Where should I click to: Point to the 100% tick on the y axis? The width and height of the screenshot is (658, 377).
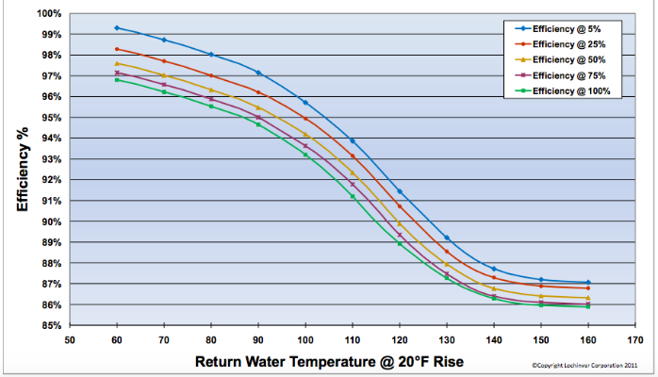tap(51, 14)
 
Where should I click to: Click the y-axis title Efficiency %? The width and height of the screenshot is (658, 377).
tap(23, 170)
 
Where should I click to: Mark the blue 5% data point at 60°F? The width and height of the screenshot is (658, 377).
tap(117, 27)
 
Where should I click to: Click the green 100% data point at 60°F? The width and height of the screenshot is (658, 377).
tap(117, 79)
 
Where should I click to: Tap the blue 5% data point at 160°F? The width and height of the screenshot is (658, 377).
tap(588, 282)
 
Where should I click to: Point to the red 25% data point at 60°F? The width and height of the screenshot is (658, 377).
tap(117, 49)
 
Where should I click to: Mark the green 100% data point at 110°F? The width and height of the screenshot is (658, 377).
tap(353, 196)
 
